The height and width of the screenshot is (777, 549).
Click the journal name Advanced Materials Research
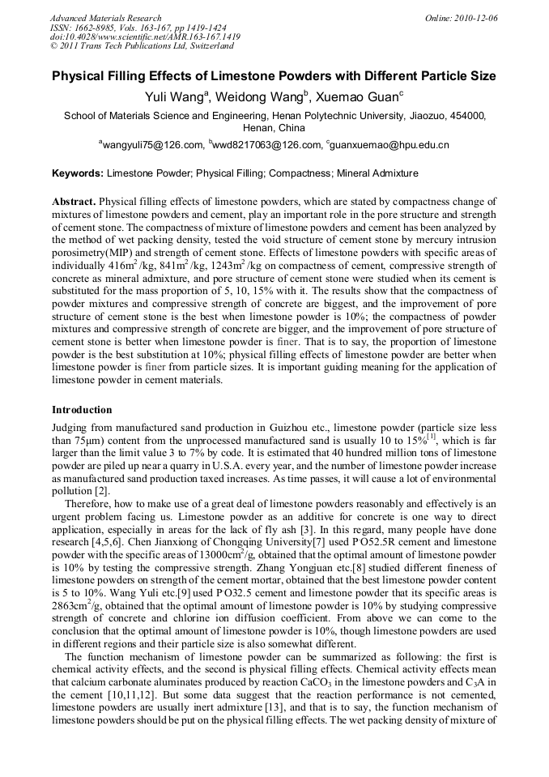[105, 18]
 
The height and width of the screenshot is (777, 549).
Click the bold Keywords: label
[78, 173]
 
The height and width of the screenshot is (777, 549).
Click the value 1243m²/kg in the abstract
[230, 266]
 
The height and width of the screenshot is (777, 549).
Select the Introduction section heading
[82, 410]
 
